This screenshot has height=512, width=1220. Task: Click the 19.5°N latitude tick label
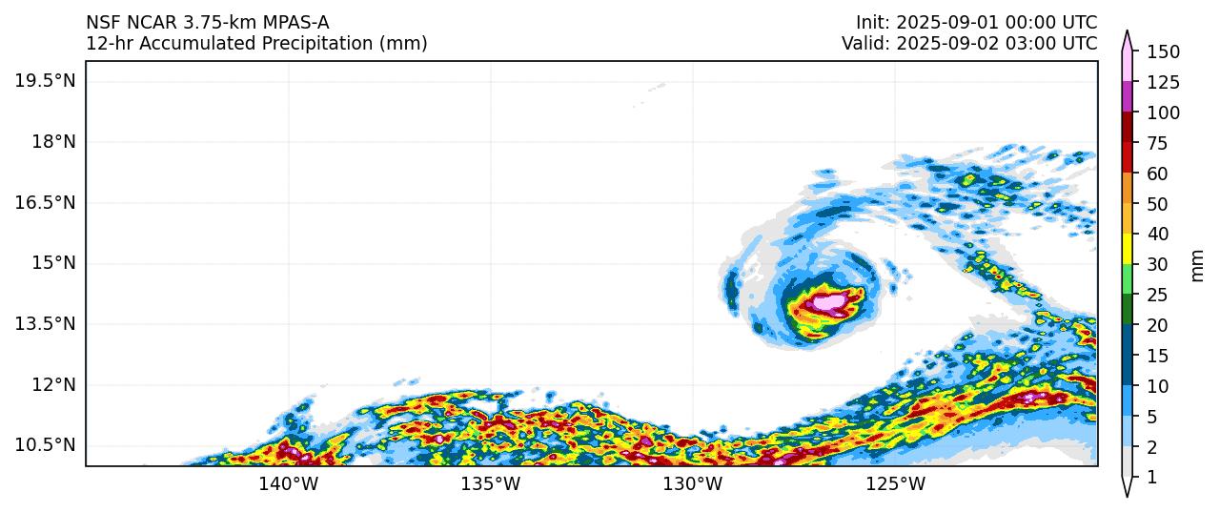[45, 81]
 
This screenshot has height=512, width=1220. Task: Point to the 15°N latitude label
[51, 263]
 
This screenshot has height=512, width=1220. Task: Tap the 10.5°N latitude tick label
[45, 445]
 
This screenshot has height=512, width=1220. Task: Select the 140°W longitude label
[289, 484]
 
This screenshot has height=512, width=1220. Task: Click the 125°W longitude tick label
[897, 484]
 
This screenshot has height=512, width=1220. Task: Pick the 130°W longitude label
[694, 484]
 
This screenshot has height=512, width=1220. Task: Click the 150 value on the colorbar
[1163, 51]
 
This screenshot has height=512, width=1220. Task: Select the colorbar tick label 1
[1151, 478]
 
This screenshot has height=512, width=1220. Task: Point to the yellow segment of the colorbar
[1128, 249]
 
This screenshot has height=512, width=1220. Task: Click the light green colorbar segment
[1128, 279]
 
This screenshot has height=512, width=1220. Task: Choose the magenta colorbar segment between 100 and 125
[1128, 97]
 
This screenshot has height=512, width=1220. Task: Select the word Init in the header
[871, 22]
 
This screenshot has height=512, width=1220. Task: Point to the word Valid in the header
[864, 43]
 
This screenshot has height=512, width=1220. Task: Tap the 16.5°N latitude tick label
[45, 203]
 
